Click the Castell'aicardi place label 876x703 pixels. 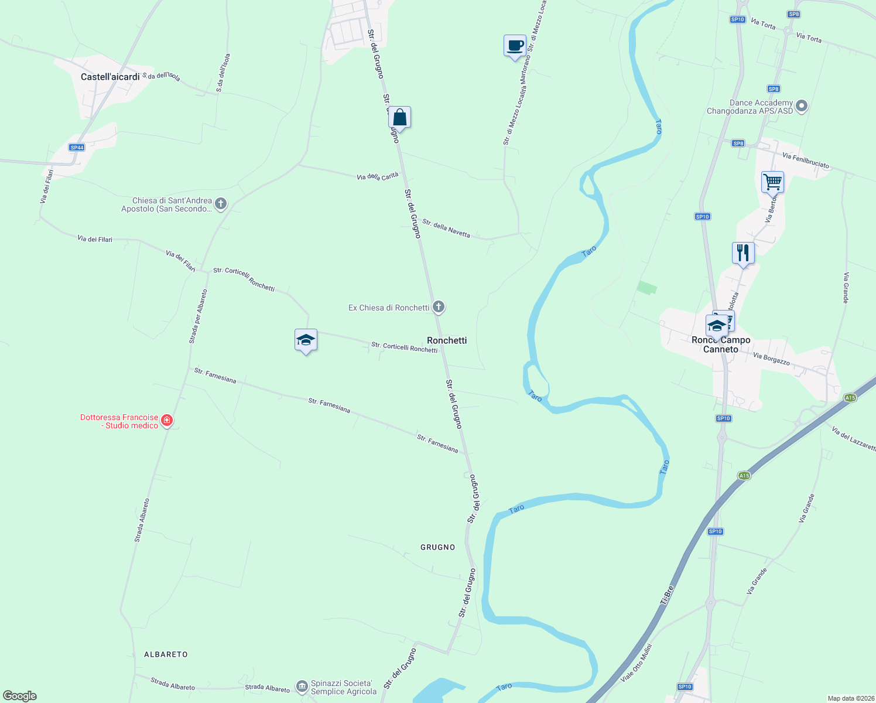110,77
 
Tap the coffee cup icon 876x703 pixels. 515,46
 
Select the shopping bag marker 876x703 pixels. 399,117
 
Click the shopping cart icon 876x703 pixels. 772,182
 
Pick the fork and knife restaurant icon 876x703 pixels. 743,253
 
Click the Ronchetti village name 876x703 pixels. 447,340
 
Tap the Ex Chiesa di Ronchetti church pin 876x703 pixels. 438,307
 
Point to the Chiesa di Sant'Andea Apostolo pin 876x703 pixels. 220,204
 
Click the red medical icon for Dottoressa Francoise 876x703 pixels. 167,421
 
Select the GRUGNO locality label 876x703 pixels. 437,547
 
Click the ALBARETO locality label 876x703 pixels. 166,654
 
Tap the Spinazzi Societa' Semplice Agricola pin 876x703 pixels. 302,686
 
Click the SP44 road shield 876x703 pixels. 77,148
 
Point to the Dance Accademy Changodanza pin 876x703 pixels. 802,107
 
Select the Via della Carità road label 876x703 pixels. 378,176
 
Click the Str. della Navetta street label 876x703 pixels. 446,228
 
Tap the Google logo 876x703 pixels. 19,696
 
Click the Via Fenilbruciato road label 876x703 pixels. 806,161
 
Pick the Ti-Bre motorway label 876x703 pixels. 667,595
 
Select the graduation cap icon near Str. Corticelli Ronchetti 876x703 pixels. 306,340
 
